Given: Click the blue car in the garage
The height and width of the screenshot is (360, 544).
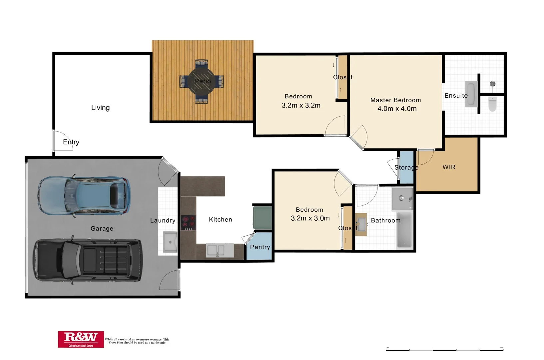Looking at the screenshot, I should coord(84,196).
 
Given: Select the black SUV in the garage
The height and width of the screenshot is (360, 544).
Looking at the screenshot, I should coord(88,260).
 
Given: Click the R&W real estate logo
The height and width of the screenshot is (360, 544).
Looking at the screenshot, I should coord(81,339).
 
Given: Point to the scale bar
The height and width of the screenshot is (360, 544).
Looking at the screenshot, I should coord(444,350).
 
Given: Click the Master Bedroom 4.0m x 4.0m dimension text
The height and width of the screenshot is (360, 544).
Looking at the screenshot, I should coord(397,109).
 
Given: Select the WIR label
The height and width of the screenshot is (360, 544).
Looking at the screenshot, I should coord(449,167).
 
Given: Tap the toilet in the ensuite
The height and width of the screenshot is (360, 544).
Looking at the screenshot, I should coord(492,104).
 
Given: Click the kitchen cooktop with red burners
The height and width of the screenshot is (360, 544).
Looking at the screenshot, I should coord(188,223).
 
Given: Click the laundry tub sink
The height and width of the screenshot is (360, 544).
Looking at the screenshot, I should coord(170,242).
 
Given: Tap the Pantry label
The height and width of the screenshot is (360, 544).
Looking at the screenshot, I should coord(260,247).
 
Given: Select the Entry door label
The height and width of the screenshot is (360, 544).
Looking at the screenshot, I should coord(71,142).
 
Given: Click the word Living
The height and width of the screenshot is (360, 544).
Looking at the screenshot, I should coord(100,108).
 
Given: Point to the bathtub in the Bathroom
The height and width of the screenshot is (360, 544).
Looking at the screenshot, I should coord(404,230).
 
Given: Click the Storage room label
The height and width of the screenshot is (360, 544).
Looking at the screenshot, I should coord(406,167).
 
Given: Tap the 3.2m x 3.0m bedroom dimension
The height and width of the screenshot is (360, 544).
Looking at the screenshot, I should coord(310,218).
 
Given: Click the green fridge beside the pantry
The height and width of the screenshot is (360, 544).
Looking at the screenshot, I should coord(263,218).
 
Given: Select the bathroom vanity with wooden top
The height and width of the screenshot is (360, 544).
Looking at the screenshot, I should coord(361,224).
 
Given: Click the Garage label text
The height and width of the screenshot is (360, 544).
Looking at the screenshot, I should coord(102,228).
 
